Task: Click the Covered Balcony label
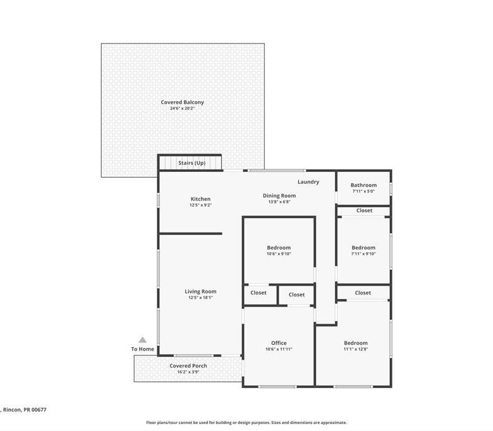pyautogui.click(x=183, y=102)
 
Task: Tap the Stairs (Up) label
pyautogui.click(x=192, y=163)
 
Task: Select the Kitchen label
pyautogui.click(x=200, y=198)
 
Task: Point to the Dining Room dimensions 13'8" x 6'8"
pyautogui.click(x=279, y=202)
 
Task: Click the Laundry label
pyautogui.click(x=308, y=182)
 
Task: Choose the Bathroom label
pyautogui.click(x=363, y=185)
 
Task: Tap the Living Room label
pyautogui.click(x=200, y=291)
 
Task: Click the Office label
pyautogui.click(x=279, y=343)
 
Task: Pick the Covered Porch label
pyautogui.click(x=188, y=366)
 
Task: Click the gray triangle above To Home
pyautogui.click(x=142, y=340)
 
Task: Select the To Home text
pyautogui.click(x=142, y=349)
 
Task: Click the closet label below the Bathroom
pyautogui.click(x=364, y=210)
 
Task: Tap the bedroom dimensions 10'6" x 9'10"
pyautogui.click(x=279, y=253)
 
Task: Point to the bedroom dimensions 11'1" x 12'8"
pyautogui.click(x=356, y=349)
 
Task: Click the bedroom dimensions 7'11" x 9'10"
pyautogui.click(x=363, y=253)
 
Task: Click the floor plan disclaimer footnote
pyautogui.click(x=246, y=423)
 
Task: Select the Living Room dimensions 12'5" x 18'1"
pyautogui.click(x=200, y=298)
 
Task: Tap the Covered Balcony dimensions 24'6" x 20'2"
pyautogui.click(x=183, y=108)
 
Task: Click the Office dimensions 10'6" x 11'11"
pyautogui.click(x=279, y=349)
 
